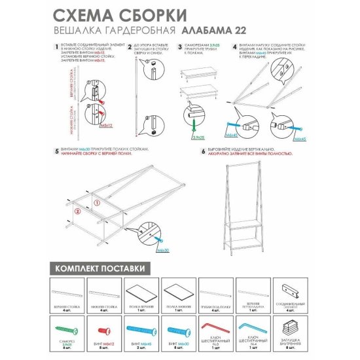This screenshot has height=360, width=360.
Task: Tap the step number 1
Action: [x=52, y=48]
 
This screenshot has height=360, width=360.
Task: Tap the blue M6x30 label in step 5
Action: [x=162, y=250]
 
